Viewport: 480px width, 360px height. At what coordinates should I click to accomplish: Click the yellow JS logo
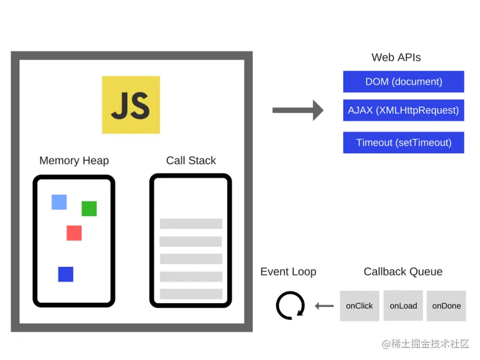(x=131, y=105)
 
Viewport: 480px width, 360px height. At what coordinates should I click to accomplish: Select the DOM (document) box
(x=404, y=82)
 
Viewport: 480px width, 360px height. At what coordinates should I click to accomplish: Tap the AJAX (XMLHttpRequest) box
(x=404, y=110)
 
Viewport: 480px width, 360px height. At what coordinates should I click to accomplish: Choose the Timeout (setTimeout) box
(x=404, y=142)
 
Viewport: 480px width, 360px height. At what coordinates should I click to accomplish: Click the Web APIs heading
(x=396, y=57)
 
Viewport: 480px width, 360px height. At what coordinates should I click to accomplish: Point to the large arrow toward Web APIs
(x=298, y=110)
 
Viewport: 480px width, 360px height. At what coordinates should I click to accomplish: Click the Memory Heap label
(x=74, y=160)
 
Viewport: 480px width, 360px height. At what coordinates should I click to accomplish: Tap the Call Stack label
(x=191, y=160)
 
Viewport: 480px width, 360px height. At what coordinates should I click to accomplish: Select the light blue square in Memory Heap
(x=59, y=202)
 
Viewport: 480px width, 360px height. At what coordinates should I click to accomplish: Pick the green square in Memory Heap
(x=89, y=208)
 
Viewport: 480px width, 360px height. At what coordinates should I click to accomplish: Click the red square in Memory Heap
(x=74, y=233)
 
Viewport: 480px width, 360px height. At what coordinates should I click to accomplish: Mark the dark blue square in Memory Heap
(x=65, y=274)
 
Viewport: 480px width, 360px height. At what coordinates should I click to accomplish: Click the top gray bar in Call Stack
(x=191, y=224)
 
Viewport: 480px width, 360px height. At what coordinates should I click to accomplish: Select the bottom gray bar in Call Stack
(x=191, y=294)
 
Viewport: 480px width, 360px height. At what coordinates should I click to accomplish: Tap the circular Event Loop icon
(x=290, y=305)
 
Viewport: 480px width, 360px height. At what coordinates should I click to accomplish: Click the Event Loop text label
(x=288, y=272)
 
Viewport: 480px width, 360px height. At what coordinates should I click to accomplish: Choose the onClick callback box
(x=359, y=305)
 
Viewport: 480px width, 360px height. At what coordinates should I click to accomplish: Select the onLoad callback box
(x=403, y=305)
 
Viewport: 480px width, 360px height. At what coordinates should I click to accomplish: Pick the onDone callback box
(x=446, y=305)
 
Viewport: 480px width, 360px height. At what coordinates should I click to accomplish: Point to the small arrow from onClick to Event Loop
(x=325, y=306)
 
